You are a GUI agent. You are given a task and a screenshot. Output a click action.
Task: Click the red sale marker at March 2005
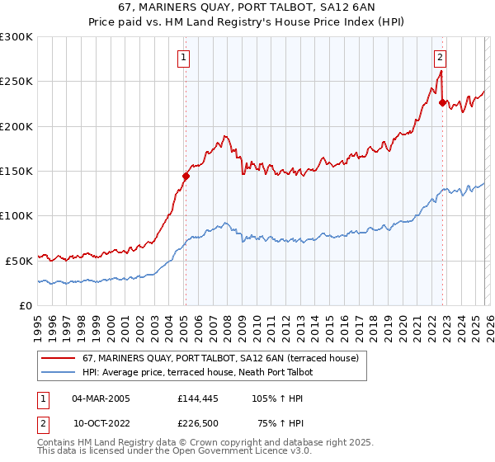pyautogui.click(x=186, y=176)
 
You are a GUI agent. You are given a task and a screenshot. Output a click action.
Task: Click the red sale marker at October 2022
pyautogui.click(x=442, y=103)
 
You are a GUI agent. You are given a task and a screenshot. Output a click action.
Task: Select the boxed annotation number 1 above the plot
pyautogui.click(x=183, y=57)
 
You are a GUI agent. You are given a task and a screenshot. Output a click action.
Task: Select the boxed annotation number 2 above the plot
pyautogui.click(x=441, y=57)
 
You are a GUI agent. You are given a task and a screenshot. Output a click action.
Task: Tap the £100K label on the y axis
pyautogui.click(x=16, y=215)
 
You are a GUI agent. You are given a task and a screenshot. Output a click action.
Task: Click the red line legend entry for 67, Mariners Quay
pyautogui.click(x=220, y=359)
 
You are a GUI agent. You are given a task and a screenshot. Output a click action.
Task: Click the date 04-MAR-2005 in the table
pyautogui.click(x=101, y=398)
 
